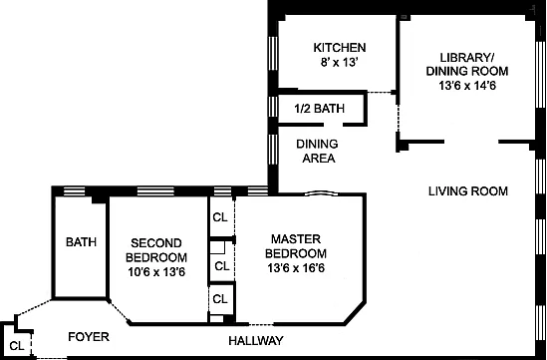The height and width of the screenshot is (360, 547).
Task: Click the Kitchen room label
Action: pyautogui.click(x=340, y=48)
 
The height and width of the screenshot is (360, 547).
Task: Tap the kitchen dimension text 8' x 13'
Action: pyautogui.click(x=340, y=63)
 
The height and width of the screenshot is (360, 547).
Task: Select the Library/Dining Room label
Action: pyautogui.click(x=467, y=64)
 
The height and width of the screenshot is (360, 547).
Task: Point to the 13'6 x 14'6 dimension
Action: pyautogui.click(x=467, y=86)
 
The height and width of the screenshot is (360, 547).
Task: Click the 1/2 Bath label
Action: pyautogui.click(x=320, y=109)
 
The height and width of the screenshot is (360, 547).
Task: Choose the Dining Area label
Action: pyautogui.click(x=317, y=151)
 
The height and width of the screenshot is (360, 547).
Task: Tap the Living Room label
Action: pyautogui.click(x=468, y=191)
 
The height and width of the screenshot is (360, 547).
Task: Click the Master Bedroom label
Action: pyautogui.click(x=296, y=246)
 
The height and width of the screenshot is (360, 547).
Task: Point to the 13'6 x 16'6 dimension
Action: pyautogui.click(x=296, y=268)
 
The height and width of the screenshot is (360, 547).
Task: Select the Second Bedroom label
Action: pyautogui.click(x=156, y=250)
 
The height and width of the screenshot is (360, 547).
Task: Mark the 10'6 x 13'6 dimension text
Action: pyautogui.click(x=156, y=271)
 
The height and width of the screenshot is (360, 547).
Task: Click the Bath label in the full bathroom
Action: pyautogui.click(x=81, y=242)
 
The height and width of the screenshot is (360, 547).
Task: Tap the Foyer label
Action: pyautogui.click(x=89, y=337)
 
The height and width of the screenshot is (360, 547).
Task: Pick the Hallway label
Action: pyautogui.click(x=256, y=340)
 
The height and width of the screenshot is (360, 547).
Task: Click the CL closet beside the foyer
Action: pyautogui.click(x=17, y=346)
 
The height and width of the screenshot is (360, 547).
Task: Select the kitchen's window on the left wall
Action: pyautogui.click(x=273, y=54)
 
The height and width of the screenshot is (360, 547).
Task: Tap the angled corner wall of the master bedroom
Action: pyautogui.click(x=355, y=313)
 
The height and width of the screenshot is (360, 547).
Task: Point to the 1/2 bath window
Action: pyautogui.click(x=273, y=107)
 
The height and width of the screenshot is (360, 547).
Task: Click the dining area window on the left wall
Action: pyautogui.click(x=273, y=150)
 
